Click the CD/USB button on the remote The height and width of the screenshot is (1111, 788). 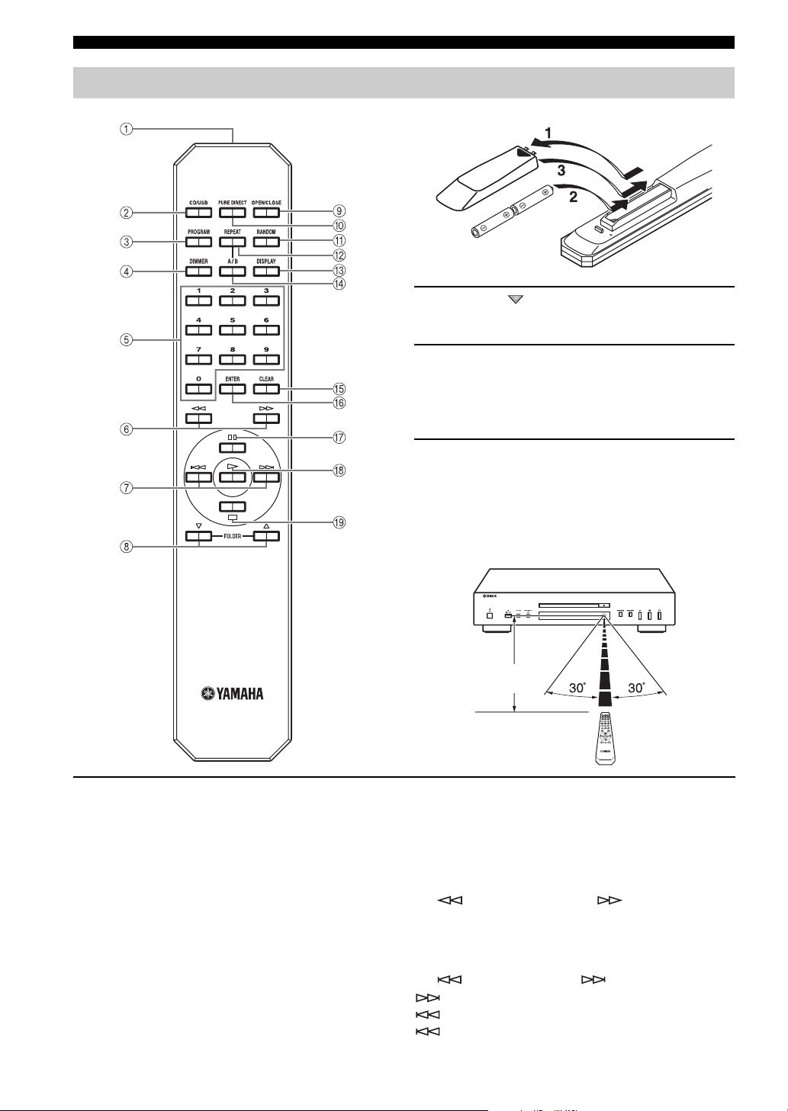tap(198, 212)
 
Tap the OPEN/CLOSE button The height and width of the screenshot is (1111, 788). tap(266, 212)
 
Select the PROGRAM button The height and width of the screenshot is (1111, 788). tap(198, 242)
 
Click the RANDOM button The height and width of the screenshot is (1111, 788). tap(266, 242)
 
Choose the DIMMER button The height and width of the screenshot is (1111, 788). tap(198, 271)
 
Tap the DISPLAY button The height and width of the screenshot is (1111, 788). tap(266, 271)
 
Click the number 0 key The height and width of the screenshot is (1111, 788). tap(198, 389)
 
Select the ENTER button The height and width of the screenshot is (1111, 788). tap(232, 389)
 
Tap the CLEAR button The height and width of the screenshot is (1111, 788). tap(266, 389)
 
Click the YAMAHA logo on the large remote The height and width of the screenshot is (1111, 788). tap(232, 694)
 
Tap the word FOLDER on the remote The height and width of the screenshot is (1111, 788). tap(232, 546)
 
